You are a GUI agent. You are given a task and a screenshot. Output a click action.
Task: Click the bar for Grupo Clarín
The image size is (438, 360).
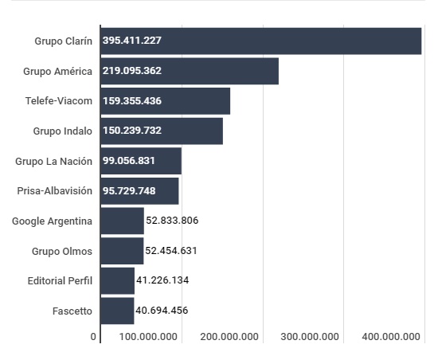[261, 41]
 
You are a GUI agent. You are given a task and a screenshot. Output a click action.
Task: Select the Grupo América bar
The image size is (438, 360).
[190, 71]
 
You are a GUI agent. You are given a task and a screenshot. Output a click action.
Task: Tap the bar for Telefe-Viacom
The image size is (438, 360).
[166, 101]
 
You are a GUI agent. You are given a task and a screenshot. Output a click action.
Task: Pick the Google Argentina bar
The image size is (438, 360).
[123, 221]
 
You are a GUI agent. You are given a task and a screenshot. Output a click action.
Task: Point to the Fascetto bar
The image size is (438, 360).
[117, 311]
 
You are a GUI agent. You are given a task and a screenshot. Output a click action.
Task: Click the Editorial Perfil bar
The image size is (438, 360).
[118, 281]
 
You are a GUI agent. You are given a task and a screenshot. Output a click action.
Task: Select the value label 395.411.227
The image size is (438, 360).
[132, 41]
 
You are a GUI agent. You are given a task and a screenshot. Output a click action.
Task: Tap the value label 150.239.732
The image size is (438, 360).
[132, 131]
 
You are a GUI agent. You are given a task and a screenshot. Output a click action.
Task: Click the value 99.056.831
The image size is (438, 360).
[129, 161]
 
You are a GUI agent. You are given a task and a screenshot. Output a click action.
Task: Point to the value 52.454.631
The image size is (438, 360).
[171, 251]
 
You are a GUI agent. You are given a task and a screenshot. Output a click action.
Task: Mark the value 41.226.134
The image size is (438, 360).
[162, 280]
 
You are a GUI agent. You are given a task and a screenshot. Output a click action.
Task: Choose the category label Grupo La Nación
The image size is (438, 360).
[53, 162]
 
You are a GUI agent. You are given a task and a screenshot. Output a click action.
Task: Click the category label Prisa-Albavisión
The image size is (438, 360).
[54, 191]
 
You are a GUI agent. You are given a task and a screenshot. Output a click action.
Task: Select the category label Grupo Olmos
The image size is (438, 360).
[62, 252]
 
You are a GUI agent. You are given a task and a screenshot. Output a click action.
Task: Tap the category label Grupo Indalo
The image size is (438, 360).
[63, 131]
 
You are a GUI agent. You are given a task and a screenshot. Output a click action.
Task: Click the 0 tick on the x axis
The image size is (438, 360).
[93, 337]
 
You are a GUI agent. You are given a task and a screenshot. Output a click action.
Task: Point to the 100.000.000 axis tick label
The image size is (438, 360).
[148, 337]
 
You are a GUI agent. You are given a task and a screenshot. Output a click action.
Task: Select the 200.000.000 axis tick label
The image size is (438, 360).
[229, 337]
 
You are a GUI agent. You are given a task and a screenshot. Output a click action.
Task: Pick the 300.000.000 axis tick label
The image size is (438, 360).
[310, 337]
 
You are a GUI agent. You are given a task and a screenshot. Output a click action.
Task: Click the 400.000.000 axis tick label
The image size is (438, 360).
[391, 337]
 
